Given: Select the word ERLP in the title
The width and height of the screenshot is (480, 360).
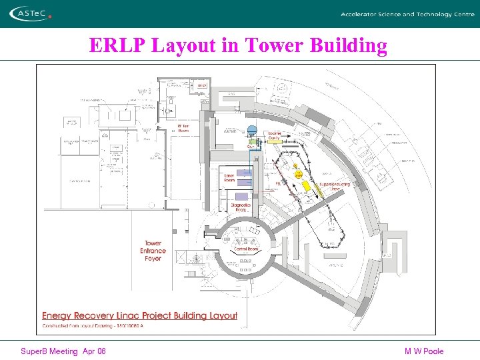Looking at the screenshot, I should click(x=119, y=45).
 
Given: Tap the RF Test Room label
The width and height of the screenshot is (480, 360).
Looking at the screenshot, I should click(x=183, y=128).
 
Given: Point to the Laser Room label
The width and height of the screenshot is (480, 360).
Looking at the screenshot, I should click(x=229, y=177).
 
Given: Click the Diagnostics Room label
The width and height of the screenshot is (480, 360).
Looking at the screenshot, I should click(x=241, y=207).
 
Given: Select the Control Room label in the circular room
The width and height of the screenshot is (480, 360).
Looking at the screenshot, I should click(x=246, y=249).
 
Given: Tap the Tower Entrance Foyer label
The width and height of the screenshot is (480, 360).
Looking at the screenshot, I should click(x=153, y=251).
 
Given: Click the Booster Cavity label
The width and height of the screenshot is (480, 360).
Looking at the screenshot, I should click(x=274, y=136).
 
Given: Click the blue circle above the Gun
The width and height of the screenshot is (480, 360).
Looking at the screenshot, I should click(x=252, y=129).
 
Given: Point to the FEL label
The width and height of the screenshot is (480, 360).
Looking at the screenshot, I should click(x=278, y=183).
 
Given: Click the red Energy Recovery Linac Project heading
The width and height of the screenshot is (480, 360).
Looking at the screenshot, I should click(x=140, y=315).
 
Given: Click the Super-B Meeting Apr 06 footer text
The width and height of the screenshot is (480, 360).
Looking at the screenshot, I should click(x=63, y=351).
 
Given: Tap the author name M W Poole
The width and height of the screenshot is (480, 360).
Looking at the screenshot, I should click(x=423, y=351).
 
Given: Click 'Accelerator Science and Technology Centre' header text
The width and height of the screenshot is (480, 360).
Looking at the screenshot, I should click(x=407, y=14).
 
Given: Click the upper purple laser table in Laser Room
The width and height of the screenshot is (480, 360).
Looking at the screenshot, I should click(x=244, y=173).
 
